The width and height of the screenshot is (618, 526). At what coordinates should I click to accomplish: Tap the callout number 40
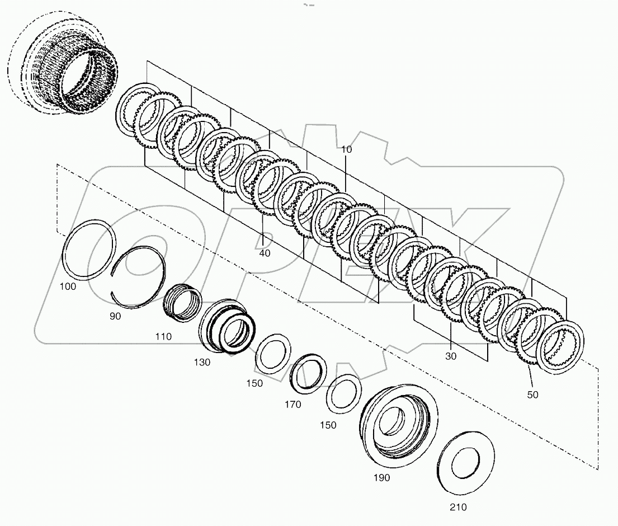point(265,253)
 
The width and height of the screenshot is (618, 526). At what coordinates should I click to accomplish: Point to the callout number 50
point(532,394)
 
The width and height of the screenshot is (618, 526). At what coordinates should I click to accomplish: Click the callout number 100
point(68,286)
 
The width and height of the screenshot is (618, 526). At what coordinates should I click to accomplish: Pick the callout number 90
point(115,316)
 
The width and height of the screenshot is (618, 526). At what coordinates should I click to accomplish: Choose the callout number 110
point(164,336)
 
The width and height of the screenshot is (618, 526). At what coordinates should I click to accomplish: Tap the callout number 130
point(202,362)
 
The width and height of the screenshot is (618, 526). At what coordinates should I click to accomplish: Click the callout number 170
point(292,404)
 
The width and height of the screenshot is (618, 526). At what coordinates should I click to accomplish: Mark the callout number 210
point(457,507)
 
